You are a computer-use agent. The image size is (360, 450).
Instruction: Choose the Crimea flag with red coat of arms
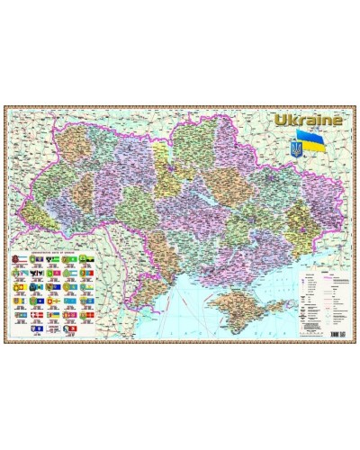pyautogui.click(x=18, y=263)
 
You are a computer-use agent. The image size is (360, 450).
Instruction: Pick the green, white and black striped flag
pyautogui.click(x=53, y=263)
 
